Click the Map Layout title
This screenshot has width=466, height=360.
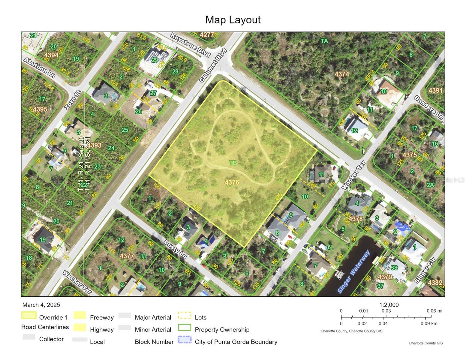click(x=233, y=20)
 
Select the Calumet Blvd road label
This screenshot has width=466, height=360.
click(x=213, y=65)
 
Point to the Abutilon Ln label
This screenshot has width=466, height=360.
click(x=39, y=68)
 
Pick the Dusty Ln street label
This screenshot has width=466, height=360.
click(x=175, y=249)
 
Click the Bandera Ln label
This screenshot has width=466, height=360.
click(x=428, y=108)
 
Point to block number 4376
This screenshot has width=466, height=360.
click(x=232, y=182)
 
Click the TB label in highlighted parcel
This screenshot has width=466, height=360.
click(x=233, y=163)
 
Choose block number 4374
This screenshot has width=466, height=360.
click(x=342, y=74)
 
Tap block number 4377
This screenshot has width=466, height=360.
click(x=127, y=256)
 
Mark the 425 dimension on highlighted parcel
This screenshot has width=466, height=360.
click(x=278, y=197)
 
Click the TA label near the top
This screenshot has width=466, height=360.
click(x=324, y=41)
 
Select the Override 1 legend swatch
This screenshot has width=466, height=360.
click(x=29, y=315)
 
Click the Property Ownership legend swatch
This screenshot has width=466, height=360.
click(x=185, y=327)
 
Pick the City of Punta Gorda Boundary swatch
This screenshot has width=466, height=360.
click(x=185, y=340)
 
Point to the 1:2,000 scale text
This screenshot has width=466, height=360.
click(x=389, y=305)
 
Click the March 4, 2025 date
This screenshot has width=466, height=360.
click(x=41, y=305)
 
